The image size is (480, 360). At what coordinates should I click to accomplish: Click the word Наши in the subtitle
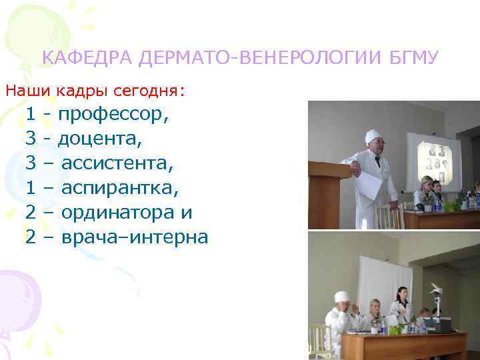26,89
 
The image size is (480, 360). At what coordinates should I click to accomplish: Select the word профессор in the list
113,115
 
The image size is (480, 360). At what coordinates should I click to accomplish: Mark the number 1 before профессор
30,115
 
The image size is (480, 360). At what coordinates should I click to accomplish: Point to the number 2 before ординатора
30,213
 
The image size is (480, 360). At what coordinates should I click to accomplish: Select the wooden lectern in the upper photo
329,193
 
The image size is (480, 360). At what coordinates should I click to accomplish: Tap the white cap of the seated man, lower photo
342,296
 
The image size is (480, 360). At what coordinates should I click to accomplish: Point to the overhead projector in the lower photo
437,293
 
